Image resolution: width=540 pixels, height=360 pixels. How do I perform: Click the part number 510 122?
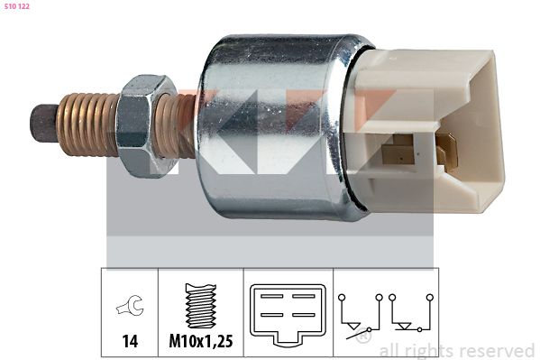[x=16, y=6]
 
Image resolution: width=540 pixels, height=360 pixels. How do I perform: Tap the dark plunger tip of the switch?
[x=44, y=123]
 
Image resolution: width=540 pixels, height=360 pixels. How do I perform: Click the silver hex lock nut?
[x=143, y=126]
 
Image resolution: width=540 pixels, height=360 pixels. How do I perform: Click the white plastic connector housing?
[x=427, y=130]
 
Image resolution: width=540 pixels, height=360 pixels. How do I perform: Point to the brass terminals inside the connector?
[x=420, y=151]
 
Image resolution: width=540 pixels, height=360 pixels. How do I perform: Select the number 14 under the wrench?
[x=130, y=341]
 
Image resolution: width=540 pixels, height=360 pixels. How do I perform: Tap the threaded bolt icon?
[x=201, y=306]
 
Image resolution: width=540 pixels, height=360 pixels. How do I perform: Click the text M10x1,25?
[x=201, y=341]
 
